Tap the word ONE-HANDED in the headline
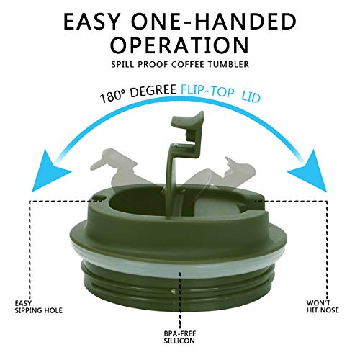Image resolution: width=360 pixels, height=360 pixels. [x=227, y=21]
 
